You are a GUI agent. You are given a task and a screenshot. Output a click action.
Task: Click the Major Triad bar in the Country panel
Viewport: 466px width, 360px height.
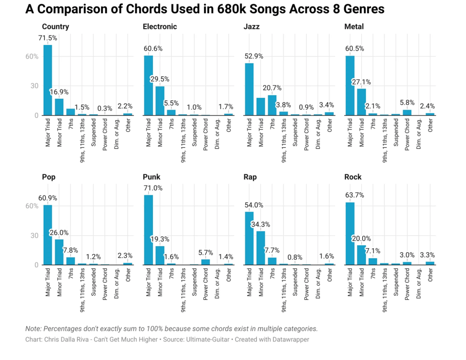48,80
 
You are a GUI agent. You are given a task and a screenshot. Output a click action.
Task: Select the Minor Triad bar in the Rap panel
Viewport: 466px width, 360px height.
261,248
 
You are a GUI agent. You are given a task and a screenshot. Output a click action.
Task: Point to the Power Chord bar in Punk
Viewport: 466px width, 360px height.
206,262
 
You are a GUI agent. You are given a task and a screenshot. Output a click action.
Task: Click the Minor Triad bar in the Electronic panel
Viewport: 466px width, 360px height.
160,101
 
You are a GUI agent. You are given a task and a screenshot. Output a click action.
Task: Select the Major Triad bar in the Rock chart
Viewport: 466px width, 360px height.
350,234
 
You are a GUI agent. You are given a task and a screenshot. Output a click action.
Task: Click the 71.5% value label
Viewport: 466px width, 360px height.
48,38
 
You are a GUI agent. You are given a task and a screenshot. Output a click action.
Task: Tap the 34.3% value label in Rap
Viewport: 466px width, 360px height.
261,224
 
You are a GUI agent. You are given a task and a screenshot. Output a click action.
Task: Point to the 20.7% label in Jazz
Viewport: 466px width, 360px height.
272,88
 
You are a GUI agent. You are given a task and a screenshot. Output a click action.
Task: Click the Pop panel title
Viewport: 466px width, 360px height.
49,177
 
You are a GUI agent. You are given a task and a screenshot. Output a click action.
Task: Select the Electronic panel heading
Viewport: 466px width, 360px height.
160,27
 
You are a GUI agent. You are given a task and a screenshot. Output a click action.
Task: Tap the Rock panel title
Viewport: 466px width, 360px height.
353,177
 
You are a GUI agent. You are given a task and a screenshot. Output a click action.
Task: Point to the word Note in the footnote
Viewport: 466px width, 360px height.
33,329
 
